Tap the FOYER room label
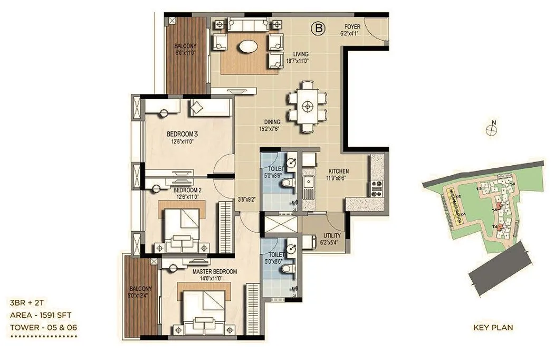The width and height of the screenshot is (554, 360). (x=352, y=26)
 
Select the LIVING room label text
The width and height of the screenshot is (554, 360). (x=301, y=54)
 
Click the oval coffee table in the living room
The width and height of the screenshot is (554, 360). (x=246, y=47)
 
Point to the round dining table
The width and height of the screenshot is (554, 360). (x=307, y=106)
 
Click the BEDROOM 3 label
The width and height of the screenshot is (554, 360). (x=181, y=134)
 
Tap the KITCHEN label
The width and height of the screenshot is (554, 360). (x=339, y=172)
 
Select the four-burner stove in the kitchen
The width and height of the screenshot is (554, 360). (x=378, y=186)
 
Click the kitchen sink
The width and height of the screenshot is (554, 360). (x=307, y=184)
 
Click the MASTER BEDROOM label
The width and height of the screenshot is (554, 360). (x=215, y=271)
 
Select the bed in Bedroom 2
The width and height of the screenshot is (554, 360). (x=183, y=228)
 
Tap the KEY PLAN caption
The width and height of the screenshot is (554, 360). (x=493, y=328)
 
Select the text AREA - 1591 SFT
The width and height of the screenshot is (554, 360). (x=40, y=315)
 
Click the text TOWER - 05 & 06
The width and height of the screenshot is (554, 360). (x=43, y=327)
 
